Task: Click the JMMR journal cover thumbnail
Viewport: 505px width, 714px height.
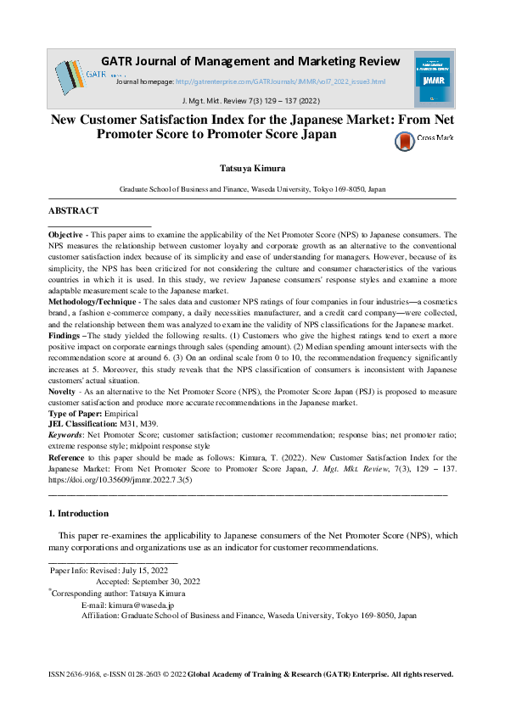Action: click(432, 75)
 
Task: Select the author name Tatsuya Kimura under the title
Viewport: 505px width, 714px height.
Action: click(252, 168)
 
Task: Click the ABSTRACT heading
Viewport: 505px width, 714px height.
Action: click(73, 210)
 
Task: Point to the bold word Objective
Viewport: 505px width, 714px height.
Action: click(65, 234)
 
